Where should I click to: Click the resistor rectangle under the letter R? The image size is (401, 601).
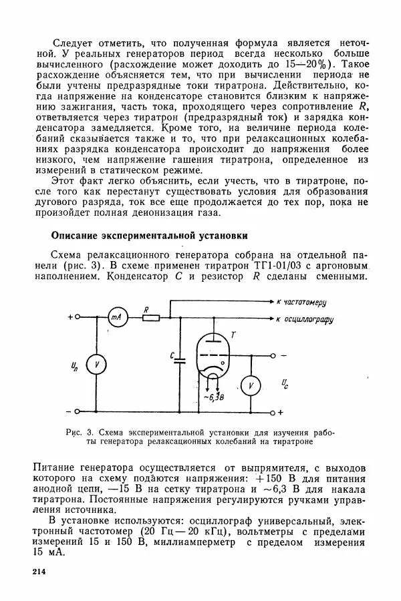[x=151, y=319]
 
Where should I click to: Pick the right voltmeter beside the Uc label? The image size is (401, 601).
[x=250, y=386]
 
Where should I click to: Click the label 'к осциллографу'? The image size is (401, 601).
[x=314, y=319]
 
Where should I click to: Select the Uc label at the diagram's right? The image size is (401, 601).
[x=285, y=383]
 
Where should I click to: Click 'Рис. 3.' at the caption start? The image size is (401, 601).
[x=82, y=432]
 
